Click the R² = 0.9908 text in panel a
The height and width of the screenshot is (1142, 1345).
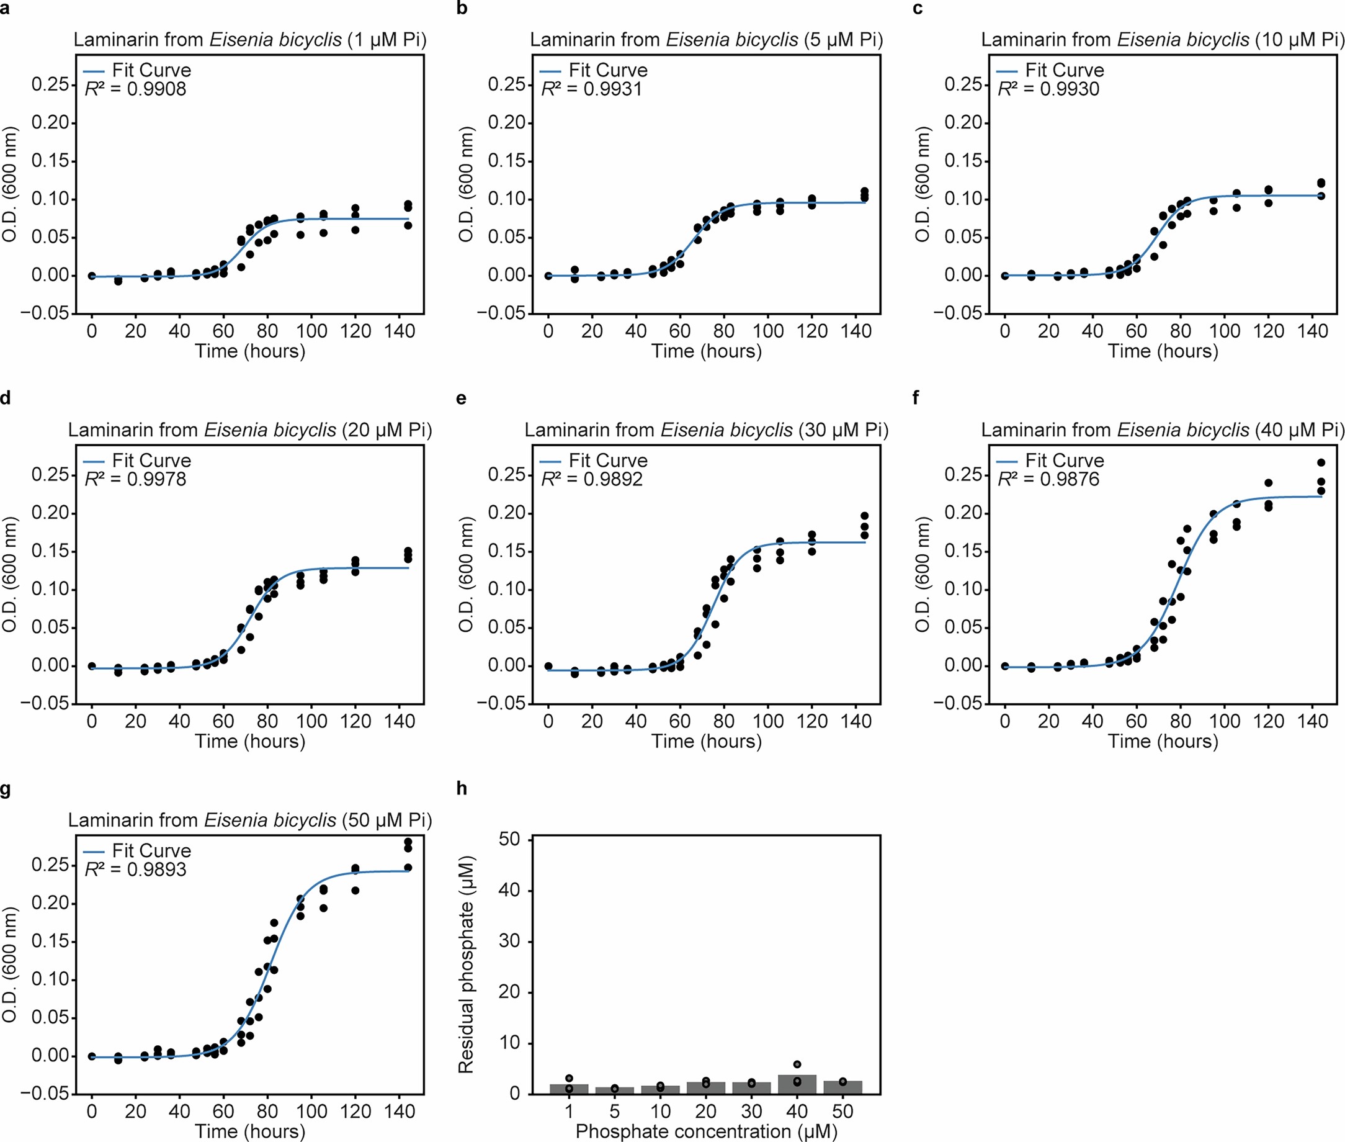(135, 89)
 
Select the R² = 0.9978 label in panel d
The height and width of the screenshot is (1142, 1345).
(135, 480)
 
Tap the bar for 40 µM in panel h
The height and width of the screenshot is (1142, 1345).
(797, 1084)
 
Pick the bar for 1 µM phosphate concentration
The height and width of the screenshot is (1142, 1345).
(569, 1089)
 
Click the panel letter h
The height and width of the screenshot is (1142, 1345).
(462, 788)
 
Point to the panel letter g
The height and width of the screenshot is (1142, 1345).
(6, 788)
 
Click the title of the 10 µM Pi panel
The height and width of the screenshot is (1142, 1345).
(1163, 40)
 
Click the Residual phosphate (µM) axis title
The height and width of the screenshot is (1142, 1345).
(466, 965)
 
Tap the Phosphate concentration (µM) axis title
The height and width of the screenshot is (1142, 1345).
(706, 1131)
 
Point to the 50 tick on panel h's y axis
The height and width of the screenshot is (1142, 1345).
(509, 840)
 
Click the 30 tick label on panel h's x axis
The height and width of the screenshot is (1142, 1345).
(751, 1112)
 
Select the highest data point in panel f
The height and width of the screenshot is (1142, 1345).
(1321, 463)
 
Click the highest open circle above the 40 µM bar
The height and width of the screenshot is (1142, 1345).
(797, 1064)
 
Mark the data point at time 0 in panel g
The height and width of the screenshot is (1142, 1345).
(92, 1056)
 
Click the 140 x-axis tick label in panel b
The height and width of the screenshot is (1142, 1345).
(856, 331)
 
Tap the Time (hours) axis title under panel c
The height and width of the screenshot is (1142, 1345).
(1163, 351)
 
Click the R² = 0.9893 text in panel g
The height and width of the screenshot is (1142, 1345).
(135, 870)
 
